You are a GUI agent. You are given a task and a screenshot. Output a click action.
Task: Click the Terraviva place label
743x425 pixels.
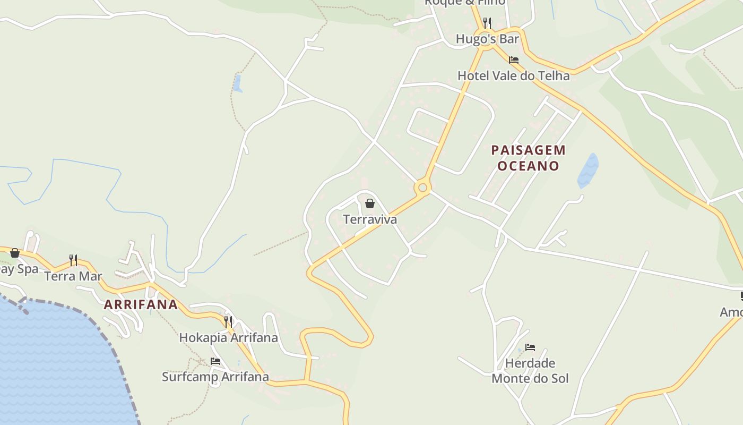[x=370, y=219]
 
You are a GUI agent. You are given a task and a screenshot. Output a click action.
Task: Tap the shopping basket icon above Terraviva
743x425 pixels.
[x=370, y=203]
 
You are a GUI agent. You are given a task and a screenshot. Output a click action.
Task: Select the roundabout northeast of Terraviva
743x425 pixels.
[x=422, y=188]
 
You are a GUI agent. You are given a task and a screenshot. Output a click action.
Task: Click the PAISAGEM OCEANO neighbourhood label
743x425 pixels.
[x=528, y=158]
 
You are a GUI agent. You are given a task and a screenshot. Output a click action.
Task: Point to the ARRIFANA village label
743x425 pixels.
[x=141, y=305]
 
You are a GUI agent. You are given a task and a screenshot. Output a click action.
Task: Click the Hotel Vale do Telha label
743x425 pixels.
[x=513, y=76]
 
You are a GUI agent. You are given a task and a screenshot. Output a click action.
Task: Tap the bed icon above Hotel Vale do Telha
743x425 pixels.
[x=513, y=60]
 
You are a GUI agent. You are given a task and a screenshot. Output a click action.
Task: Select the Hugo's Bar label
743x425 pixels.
[x=487, y=39]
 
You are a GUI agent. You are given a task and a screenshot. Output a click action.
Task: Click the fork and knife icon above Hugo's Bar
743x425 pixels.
[x=487, y=23]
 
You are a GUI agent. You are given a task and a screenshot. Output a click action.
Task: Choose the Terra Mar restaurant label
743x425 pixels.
[x=73, y=276]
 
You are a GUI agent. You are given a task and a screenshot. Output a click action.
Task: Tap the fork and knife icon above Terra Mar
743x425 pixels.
[x=73, y=260]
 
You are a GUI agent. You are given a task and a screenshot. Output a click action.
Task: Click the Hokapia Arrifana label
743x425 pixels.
[x=228, y=338]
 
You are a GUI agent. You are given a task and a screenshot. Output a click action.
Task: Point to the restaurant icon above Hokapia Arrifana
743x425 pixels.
[x=228, y=322]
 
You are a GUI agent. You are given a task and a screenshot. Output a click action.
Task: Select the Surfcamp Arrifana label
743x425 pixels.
[x=215, y=377]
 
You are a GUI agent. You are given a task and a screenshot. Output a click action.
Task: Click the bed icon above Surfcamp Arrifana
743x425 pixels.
[x=215, y=361]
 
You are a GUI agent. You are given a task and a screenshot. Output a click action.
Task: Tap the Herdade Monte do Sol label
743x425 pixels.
[x=530, y=371]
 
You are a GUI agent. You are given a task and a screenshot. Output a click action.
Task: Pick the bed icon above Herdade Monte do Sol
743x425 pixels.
[x=530, y=347]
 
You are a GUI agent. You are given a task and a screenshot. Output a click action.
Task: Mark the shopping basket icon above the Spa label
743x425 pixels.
[x=15, y=253]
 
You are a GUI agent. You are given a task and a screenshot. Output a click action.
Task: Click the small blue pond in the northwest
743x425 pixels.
[x=237, y=83]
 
